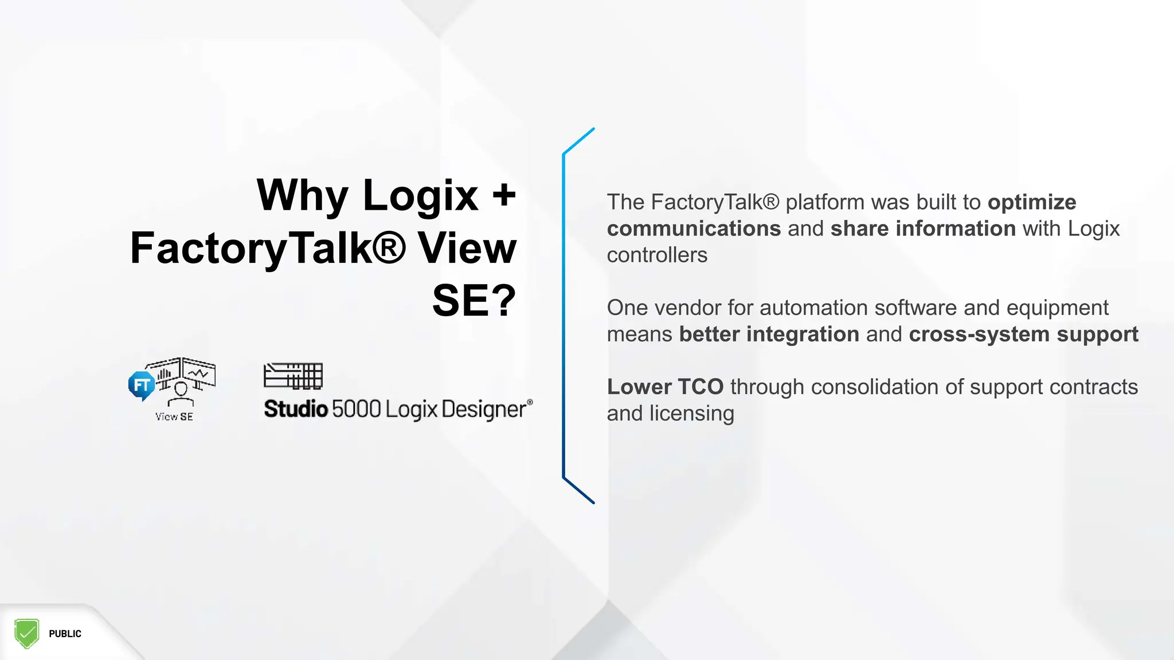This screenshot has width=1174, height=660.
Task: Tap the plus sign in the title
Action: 504,195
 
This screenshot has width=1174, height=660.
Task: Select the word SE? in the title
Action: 474,301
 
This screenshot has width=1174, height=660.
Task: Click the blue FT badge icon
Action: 141,385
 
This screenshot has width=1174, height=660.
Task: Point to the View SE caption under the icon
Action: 174,417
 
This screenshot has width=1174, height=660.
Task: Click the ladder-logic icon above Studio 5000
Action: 293,376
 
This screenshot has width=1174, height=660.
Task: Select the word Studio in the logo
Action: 296,409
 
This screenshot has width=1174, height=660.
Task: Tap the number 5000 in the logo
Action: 356,409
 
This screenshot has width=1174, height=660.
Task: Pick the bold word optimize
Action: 1032,202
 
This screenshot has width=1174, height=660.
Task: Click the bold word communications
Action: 694,229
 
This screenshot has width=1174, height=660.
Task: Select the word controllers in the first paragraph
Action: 657,255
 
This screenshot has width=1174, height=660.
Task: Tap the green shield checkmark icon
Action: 26,633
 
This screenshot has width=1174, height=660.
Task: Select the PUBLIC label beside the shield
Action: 65,634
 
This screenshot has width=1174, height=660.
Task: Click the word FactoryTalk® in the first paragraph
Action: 715,202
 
